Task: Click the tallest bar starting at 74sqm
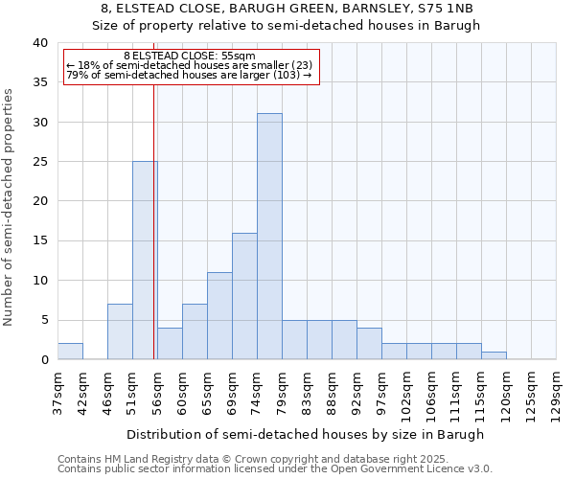pos(269,237)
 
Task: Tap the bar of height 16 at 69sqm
pos(244,296)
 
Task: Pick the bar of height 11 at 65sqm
pos(219,316)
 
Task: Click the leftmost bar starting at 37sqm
pos(70,352)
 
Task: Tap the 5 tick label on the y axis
pos(43,320)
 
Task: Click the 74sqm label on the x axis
pos(257,393)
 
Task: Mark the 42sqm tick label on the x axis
pos(82,393)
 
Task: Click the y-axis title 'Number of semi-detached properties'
pos(9,207)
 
